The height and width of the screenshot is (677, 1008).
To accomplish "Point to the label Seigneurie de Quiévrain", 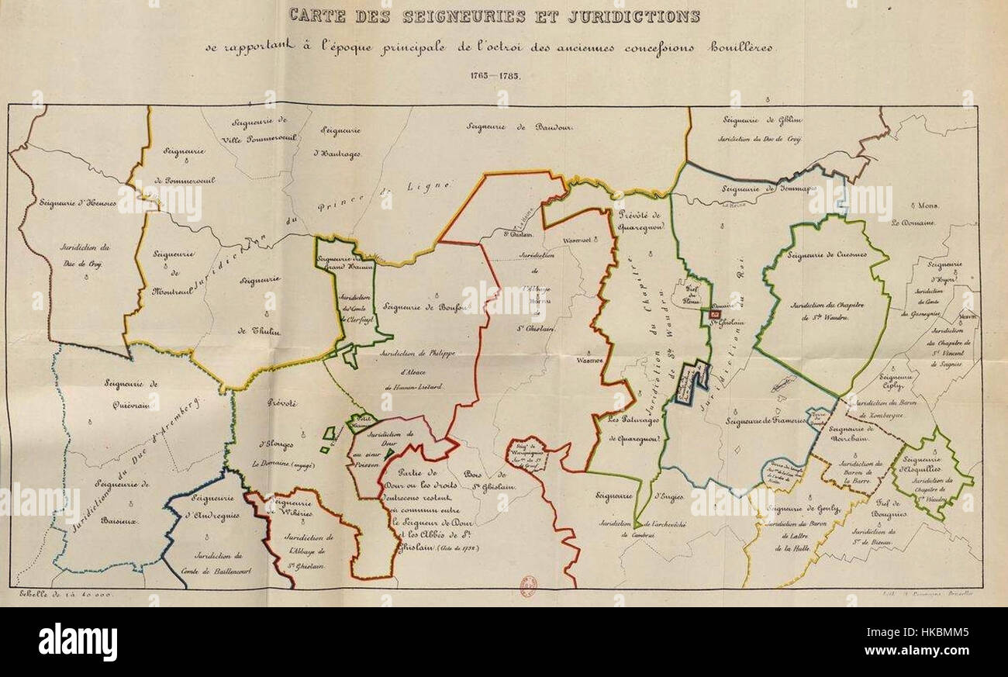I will [132, 392].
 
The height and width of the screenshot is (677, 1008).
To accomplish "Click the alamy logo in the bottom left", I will [78, 642].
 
